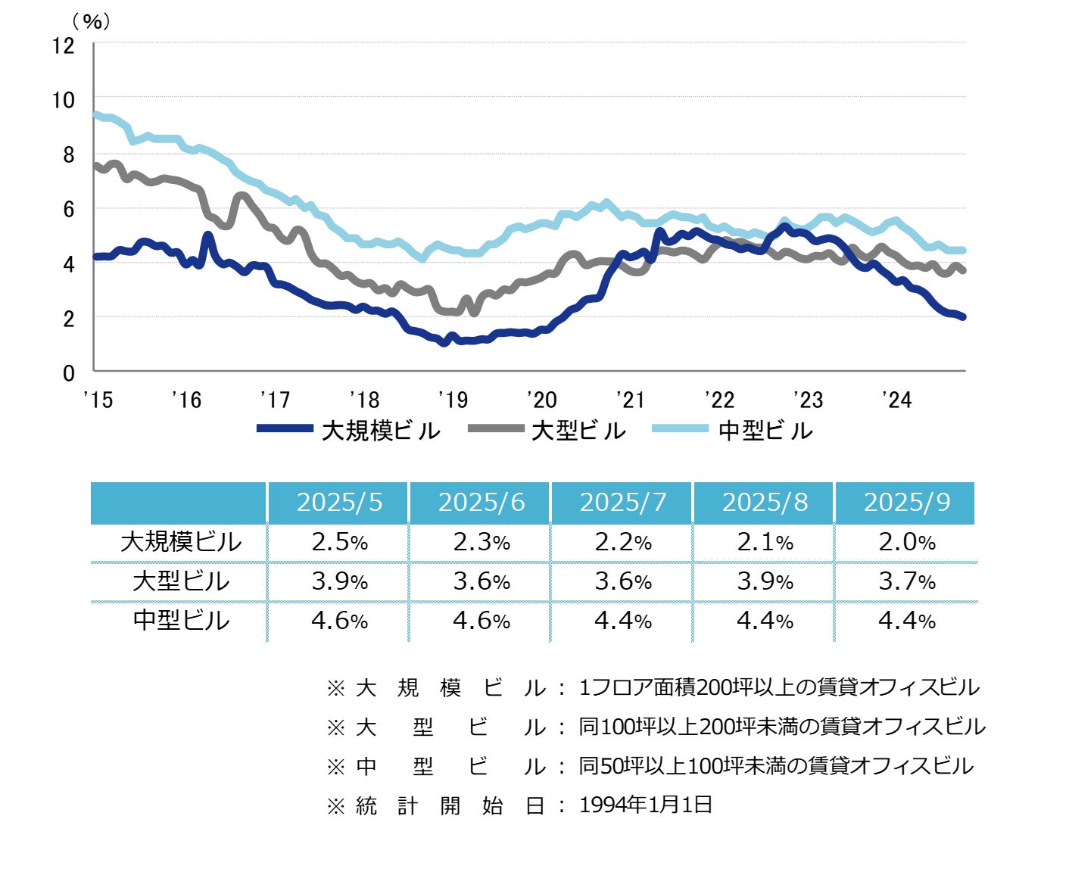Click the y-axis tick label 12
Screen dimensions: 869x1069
click(64, 45)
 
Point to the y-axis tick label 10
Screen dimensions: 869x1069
click(64, 100)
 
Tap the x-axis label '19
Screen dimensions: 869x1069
click(453, 400)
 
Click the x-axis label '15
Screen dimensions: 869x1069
click(98, 400)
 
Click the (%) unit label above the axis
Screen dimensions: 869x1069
click(91, 21)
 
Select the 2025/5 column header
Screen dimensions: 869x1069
click(339, 503)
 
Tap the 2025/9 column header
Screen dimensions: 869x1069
click(906, 503)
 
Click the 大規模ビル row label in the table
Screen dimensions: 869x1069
click(180, 542)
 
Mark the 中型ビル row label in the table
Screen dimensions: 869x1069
click(180, 621)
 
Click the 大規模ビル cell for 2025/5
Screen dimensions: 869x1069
click(339, 542)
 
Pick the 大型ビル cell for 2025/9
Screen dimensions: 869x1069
click(906, 581)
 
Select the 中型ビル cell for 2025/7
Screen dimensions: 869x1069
click(622, 621)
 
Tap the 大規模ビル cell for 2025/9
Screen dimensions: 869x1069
click(906, 542)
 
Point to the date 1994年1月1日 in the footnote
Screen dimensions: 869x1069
click(646, 805)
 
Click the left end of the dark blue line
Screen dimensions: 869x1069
click(95, 257)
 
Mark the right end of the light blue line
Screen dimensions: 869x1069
click(963, 250)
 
